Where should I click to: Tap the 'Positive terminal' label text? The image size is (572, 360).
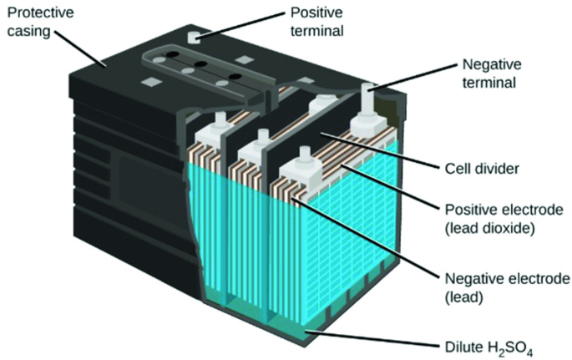(321, 23)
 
